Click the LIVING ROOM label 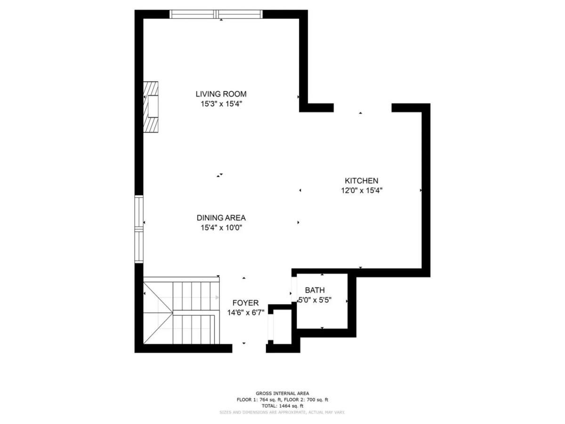(221, 94)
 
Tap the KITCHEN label (361, 180)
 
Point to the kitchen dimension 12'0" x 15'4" (361, 190)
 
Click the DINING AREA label (221, 218)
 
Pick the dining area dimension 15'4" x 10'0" (221, 228)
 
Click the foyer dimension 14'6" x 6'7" (245, 312)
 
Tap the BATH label (315, 290)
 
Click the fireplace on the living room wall (151, 107)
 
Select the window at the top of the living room (216, 14)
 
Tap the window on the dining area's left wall (138, 228)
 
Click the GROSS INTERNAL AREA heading (282, 393)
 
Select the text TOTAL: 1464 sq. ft (282, 406)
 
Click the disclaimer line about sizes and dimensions (282, 412)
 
